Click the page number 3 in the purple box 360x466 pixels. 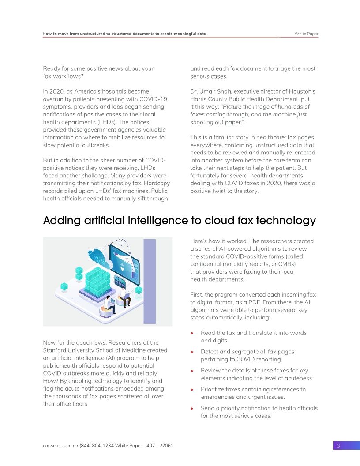click(338, 446)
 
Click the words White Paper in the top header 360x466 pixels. click(306, 34)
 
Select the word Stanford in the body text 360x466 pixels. click(55, 350)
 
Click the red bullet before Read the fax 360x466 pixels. click(192, 333)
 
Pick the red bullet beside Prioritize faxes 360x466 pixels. click(192, 390)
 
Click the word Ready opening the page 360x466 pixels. click(52, 68)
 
